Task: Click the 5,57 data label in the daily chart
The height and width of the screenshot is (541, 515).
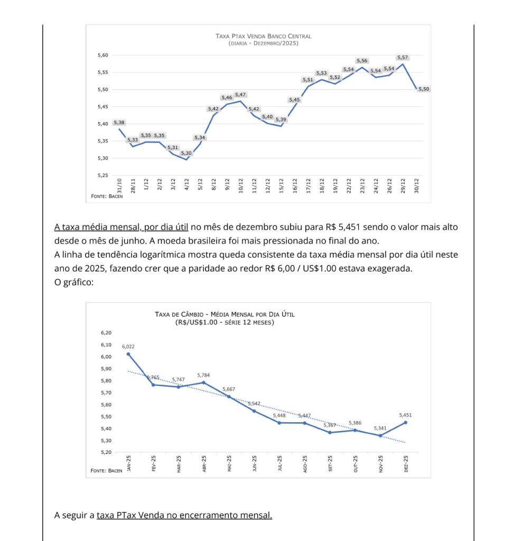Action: click(402, 57)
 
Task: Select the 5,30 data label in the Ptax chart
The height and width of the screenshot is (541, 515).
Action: click(186, 153)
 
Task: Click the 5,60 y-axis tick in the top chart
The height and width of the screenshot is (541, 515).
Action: click(102, 55)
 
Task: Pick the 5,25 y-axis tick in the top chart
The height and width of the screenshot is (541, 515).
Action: click(102, 175)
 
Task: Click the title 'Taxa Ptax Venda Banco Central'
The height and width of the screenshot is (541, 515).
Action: click(264, 36)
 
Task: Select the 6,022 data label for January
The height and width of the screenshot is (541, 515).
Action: click(128, 347)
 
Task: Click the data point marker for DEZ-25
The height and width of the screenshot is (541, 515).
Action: click(406, 422)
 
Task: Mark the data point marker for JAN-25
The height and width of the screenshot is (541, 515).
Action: click(128, 354)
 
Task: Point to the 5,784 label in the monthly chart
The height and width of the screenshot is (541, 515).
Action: click(204, 375)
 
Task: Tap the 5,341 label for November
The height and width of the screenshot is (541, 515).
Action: click(380, 428)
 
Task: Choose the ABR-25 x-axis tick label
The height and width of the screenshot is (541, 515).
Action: click(204, 463)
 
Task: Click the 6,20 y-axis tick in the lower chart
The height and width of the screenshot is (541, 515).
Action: click(106, 333)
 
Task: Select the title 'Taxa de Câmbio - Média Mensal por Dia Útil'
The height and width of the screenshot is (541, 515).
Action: click(225, 314)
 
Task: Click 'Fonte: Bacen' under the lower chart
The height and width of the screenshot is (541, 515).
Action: click(106, 470)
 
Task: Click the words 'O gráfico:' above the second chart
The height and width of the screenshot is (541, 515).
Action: click(74, 282)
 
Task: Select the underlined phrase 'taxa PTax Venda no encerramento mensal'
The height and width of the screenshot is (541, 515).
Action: click(184, 515)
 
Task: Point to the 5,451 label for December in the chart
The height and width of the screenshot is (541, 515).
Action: click(406, 415)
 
